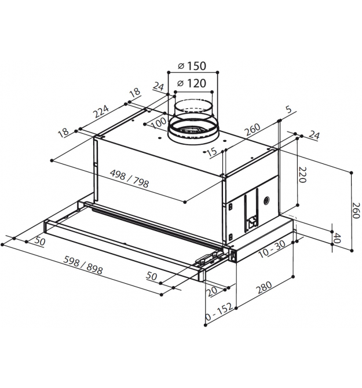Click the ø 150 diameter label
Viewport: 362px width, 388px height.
(x=192, y=66)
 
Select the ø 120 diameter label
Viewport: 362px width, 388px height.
(x=192, y=83)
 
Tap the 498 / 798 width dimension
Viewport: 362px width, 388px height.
(x=129, y=179)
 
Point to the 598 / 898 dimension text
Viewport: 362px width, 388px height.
(x=83, y=265)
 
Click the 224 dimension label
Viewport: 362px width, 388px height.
(x=101, y=111)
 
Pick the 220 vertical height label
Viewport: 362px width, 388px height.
(x=302, y=175)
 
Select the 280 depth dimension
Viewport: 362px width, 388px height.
(x=264, y=287)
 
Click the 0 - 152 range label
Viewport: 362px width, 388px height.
(x=220, y=312)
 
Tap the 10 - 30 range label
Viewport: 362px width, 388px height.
(x=272, y=249)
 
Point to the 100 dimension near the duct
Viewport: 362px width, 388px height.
(x=159, y=123)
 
